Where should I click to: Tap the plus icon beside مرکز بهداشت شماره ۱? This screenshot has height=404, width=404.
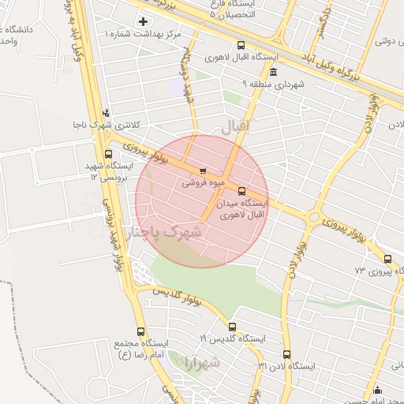(x=143, y=21)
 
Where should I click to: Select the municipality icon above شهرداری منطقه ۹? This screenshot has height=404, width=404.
(x=273, y=72)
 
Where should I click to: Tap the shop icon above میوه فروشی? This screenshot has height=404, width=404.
(x=204, y=170)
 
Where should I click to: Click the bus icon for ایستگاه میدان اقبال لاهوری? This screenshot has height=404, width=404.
(x=241, y=190)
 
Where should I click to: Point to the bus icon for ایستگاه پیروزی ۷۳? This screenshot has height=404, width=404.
(x=387, y=258)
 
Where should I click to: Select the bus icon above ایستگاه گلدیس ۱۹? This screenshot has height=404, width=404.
(x=232, y=327)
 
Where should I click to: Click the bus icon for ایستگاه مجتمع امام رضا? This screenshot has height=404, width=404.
(x=140, y=332)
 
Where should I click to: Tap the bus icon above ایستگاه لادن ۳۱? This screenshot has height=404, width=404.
(x=286, y=354)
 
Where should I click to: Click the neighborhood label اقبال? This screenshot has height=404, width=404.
(x=236, y=126)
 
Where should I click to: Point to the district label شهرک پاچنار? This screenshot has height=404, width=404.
(x=164, y=234)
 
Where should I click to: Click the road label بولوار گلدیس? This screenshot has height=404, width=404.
(x=176, y=297)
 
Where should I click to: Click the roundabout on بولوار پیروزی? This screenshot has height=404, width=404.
(x=313, y=215)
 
